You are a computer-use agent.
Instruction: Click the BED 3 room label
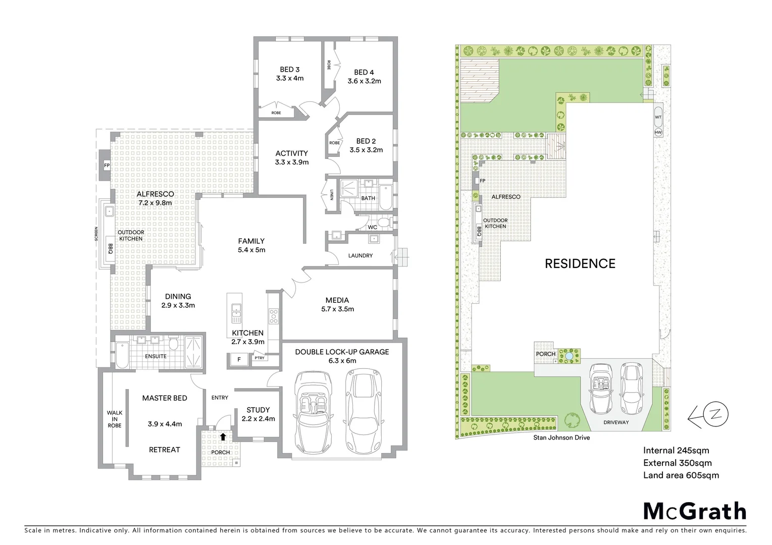[290, 70]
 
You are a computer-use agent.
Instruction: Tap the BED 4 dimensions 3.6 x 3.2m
[364, 81]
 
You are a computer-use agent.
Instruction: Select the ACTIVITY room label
[291, 153]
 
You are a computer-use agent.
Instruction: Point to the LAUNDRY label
[360, 256]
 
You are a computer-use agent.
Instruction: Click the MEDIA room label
[337, 300]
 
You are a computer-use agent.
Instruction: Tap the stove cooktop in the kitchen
[274, 316]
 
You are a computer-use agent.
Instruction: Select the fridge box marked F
[239, 360]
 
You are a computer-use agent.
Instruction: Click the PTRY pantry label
[259, 358]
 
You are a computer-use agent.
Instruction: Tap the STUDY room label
[258, 410]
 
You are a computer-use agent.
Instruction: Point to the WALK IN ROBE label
[115, 419]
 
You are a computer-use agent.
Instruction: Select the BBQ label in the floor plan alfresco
[110, 249]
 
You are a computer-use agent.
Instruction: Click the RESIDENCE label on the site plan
[580, 263]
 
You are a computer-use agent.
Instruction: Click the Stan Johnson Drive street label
[561, 438]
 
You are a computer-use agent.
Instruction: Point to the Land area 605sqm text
[681, 475]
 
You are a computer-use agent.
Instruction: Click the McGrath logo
[694, 511]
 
